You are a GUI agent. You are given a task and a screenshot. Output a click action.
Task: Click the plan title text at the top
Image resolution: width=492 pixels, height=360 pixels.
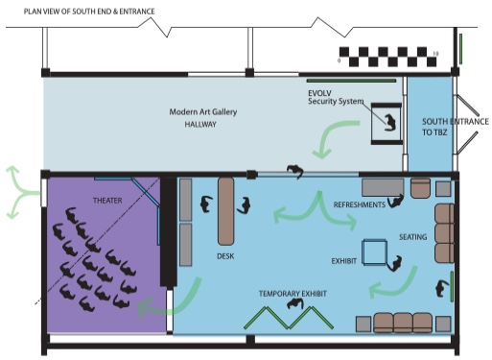[x=89, y=12]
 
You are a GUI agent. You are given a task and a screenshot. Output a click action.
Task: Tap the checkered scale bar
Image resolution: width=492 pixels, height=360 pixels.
[x=387, y=57]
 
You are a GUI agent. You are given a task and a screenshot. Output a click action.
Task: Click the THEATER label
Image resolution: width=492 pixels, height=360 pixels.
[x=107, y=201]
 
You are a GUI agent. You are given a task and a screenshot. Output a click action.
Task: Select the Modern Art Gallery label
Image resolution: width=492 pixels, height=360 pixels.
[x=203, y=112]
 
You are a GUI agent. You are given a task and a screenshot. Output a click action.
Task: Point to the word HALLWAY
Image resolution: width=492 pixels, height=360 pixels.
[x=200, y=124]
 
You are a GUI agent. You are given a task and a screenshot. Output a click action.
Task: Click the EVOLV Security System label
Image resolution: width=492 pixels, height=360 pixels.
[x=336, y=97]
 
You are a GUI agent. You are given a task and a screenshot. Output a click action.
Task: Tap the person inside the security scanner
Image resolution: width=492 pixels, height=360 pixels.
[x=390, y=123]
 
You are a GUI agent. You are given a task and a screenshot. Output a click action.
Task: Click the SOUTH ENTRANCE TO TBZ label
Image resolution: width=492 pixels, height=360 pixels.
[x=456, y=127]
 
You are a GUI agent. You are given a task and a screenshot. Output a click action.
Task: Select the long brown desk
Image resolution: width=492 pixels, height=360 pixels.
[x=225, y=211]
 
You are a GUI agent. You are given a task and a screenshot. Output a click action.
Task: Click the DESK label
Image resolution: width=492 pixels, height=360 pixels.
[x=225, y=256]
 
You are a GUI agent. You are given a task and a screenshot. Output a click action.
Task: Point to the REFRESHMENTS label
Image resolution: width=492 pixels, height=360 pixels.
[x=360, y=204]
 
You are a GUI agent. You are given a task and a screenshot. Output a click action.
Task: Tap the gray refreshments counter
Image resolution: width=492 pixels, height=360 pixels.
[x=383, y=187]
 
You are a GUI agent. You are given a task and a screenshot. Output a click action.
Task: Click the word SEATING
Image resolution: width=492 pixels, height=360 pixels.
[x=413, y=237]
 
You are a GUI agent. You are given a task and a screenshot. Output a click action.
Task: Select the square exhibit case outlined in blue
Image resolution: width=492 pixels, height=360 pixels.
[x=374, y=252]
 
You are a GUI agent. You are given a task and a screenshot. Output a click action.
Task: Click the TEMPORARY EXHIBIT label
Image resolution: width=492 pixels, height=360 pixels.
[x=293, y=294]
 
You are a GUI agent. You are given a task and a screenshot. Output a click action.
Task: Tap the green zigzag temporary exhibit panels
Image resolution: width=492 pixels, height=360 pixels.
[x=289, y=318]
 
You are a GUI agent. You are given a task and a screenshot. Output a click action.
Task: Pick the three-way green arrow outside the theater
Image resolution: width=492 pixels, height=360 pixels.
[x=22, y=192]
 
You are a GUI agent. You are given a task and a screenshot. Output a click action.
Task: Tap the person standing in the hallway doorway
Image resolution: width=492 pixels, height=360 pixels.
[x=294, y=171]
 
